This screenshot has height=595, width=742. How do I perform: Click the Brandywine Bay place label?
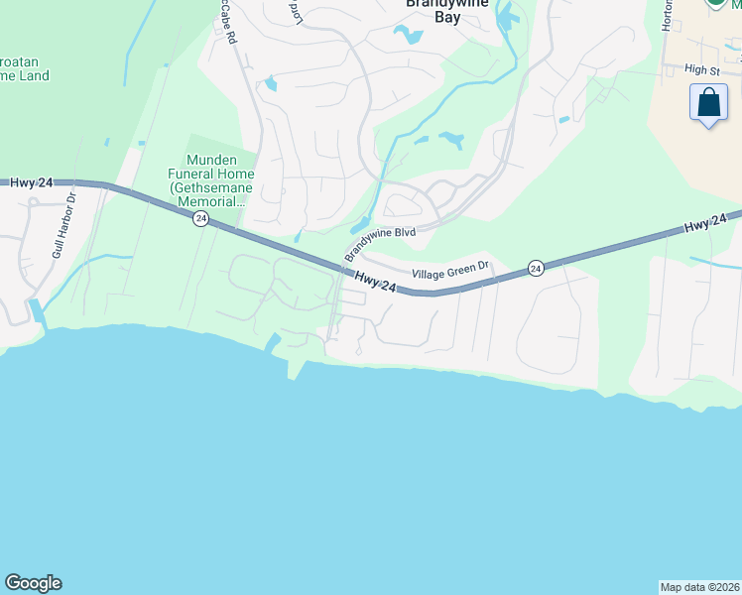click(433, 9)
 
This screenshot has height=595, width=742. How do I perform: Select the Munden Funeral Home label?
click(217, 180)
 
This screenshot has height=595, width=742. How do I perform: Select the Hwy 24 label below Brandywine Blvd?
click(375, 282)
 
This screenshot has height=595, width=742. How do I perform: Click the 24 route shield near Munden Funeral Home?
click(200, 219)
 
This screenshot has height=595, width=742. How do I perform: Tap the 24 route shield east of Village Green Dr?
click(536, 268)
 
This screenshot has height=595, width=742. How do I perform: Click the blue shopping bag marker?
click(708, 103)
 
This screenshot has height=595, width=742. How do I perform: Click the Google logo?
click(33, 583)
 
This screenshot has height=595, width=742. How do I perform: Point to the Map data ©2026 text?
click(700, 586)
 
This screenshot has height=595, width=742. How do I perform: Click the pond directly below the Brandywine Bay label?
click(409, 35)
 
